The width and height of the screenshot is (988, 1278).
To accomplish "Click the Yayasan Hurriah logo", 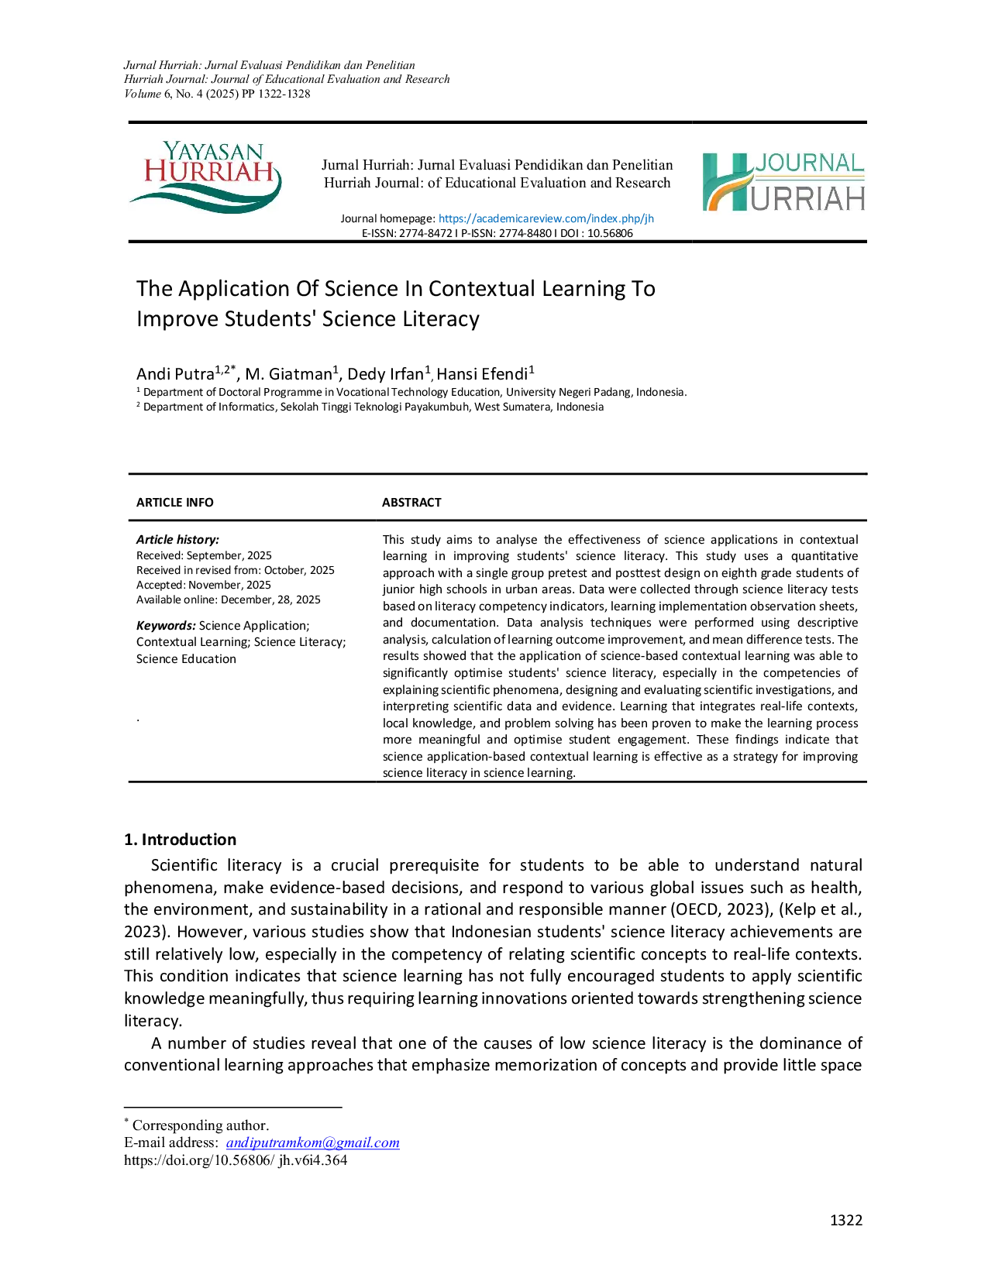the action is point(205,177).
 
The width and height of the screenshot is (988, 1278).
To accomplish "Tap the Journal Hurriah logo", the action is point(783,182).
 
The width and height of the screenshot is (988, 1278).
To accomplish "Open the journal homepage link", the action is point(546,218).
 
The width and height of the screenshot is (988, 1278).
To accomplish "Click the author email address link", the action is point(312,1142).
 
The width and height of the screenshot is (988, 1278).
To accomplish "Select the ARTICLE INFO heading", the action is point(175,502).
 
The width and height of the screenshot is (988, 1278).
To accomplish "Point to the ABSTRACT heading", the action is point(411,502).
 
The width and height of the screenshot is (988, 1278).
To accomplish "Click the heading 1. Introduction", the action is point(180,840).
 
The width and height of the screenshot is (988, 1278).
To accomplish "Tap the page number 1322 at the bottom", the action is point(845,1221).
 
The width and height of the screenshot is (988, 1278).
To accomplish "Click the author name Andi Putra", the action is point(175,374).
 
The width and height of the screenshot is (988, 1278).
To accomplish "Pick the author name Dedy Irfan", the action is point(385,374).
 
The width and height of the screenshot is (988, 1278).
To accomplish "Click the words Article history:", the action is point(177,539).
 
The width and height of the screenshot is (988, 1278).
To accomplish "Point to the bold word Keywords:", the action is point(166,625).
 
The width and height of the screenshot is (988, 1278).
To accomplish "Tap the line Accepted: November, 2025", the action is point(204,585).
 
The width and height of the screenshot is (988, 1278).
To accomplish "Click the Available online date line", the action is point(229,599).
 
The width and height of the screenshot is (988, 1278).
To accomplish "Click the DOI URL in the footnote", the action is point(236,1160).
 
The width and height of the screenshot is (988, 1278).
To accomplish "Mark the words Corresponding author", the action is point(200,1125).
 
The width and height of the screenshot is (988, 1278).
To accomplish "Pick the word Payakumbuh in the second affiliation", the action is point(439,407).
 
